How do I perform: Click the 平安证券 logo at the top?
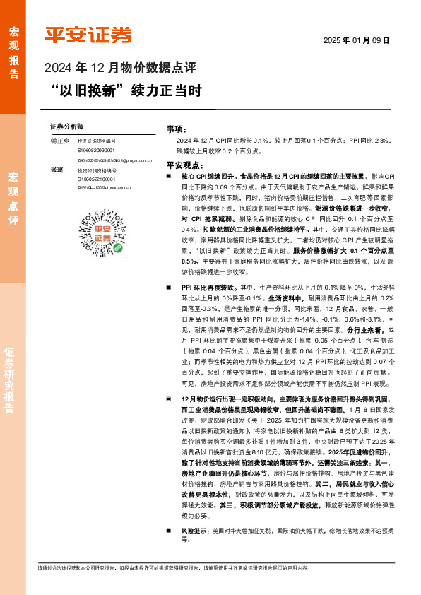click(88, 35)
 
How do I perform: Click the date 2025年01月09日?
click(356, 41)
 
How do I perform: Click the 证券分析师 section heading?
click(66, 126)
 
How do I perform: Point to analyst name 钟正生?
click(60, 141)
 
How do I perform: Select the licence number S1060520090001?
click(96, 151)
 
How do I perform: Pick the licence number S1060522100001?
click(96, 179)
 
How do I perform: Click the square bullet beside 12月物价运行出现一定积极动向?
click(168, 399)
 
